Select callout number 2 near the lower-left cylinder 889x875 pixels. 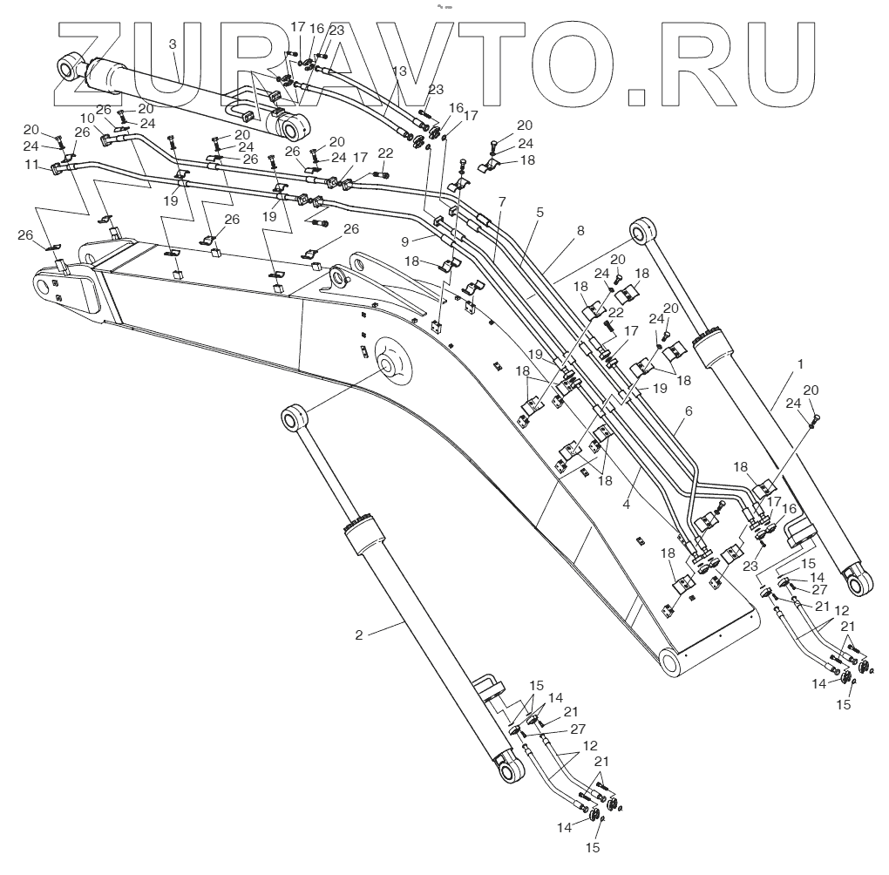[359, 635]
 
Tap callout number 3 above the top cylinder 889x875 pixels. [172, 44]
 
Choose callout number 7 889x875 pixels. [502, 201]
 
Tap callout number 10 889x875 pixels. [87, 118]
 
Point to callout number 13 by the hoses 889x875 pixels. [399, 71]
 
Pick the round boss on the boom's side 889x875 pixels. [392, 359]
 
